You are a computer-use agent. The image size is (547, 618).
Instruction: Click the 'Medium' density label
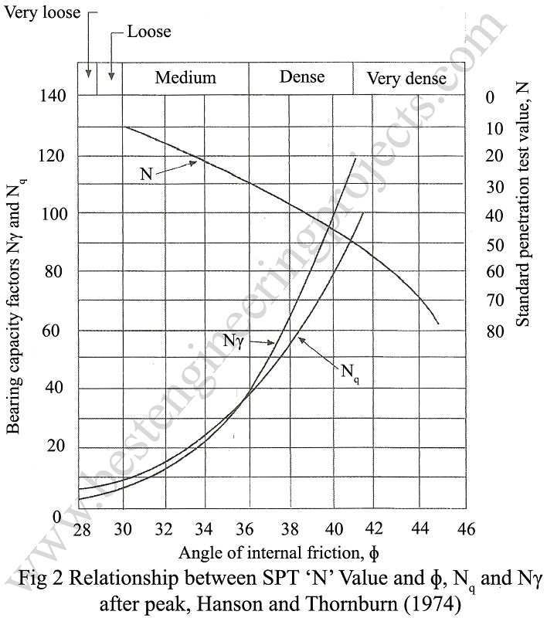pyautogui.click(x=185, y=77)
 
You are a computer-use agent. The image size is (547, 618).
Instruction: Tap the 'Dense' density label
pyautogui.click(x=302, y=77)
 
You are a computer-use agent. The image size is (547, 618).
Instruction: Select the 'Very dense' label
pyautogui.click(x=406, y=79)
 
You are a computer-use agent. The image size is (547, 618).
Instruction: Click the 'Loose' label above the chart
pyautogui.click(x=149, y=32)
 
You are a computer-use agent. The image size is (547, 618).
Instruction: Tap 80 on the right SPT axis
pyautogui.click(x=494, y=331)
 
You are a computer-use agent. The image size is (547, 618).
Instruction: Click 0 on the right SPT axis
pyautogui.click(x=488, y=97)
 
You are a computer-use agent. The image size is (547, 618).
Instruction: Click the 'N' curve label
pyautogui.click(x=146, y=174)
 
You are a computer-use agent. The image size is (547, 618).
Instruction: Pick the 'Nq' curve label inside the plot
pyautogui.click(x=348, y=371)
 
